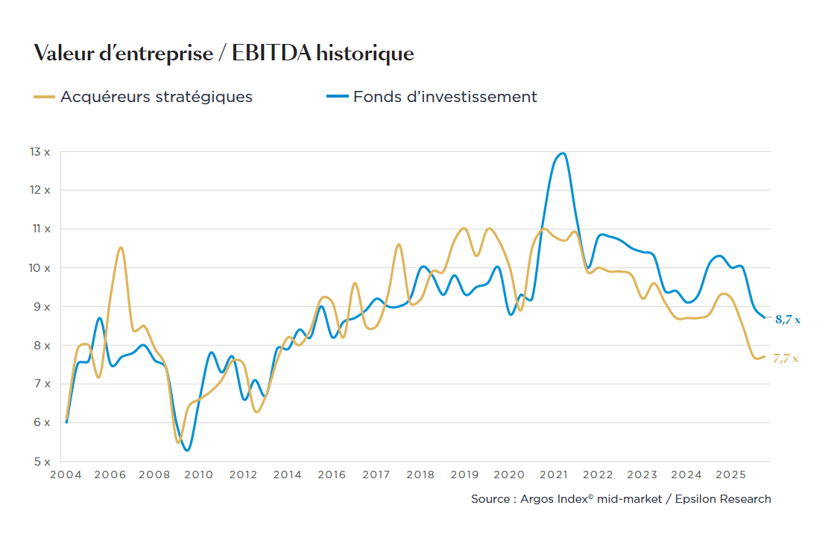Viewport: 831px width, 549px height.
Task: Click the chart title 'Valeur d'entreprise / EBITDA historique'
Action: (x=224, y=54)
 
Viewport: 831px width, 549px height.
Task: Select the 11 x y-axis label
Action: (x=41, y=229)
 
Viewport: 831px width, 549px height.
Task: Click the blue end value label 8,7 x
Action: (x=787, y=320)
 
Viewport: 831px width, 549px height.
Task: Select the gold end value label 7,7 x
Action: (x=785, y=358)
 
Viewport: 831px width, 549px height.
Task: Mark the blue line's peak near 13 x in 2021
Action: (x=563, y=153)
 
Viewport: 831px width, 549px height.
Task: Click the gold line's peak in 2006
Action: (x=121, y=248)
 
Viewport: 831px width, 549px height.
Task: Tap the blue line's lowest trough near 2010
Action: (x=187, y=450)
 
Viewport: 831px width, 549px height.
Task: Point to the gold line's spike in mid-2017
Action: (x=399, y=244)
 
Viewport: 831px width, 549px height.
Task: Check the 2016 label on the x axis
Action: (x=332, y=475)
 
